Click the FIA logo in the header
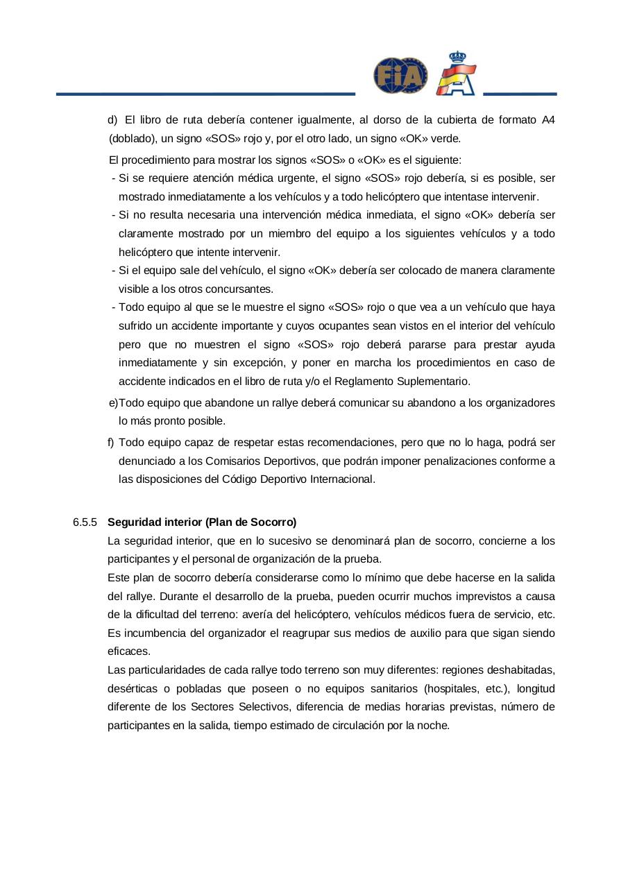(400, 76)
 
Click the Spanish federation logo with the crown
(456, 74)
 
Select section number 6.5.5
(85, 522)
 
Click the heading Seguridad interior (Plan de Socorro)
(202, 522)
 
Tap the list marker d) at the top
(113, 120)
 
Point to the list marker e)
(113, 402)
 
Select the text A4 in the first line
(548, 120)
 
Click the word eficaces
(129, 651)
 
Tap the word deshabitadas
(520, 670)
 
